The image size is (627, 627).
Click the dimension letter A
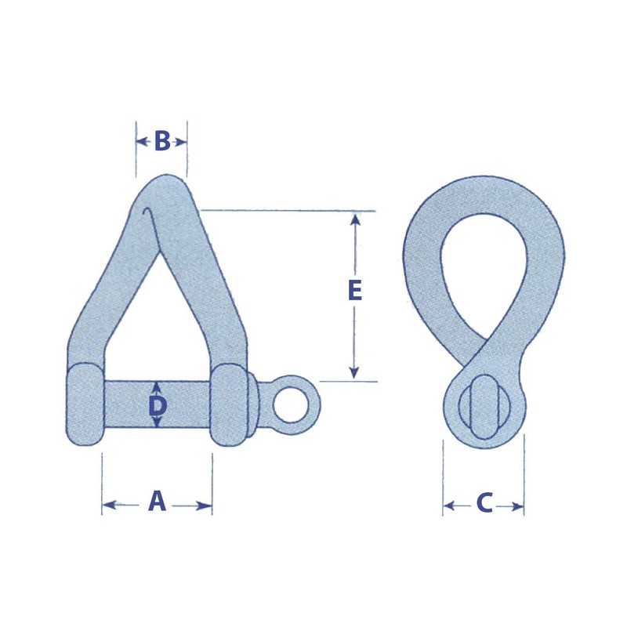[x=158, y=502]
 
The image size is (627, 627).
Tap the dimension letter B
[x=162, y=142]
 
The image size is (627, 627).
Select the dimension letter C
[x=484, y=503]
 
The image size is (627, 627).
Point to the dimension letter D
[x=158, y=405]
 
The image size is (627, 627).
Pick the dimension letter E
[x=354, y=291]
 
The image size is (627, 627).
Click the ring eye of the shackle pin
[x=294, y=404]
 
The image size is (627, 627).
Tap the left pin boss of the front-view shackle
[x=85, y=404]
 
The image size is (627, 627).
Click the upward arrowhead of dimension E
[x=355, y=219]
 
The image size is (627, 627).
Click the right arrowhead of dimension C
[x=518, y=507]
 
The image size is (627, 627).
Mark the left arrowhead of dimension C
[x=449, y=507]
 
